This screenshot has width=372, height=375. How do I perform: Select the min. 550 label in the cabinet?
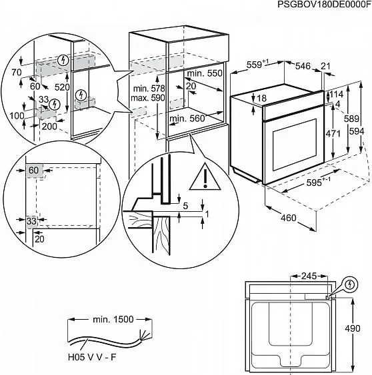203,73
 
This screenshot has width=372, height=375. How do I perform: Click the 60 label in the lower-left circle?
34,171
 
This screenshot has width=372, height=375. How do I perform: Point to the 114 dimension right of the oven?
337,95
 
